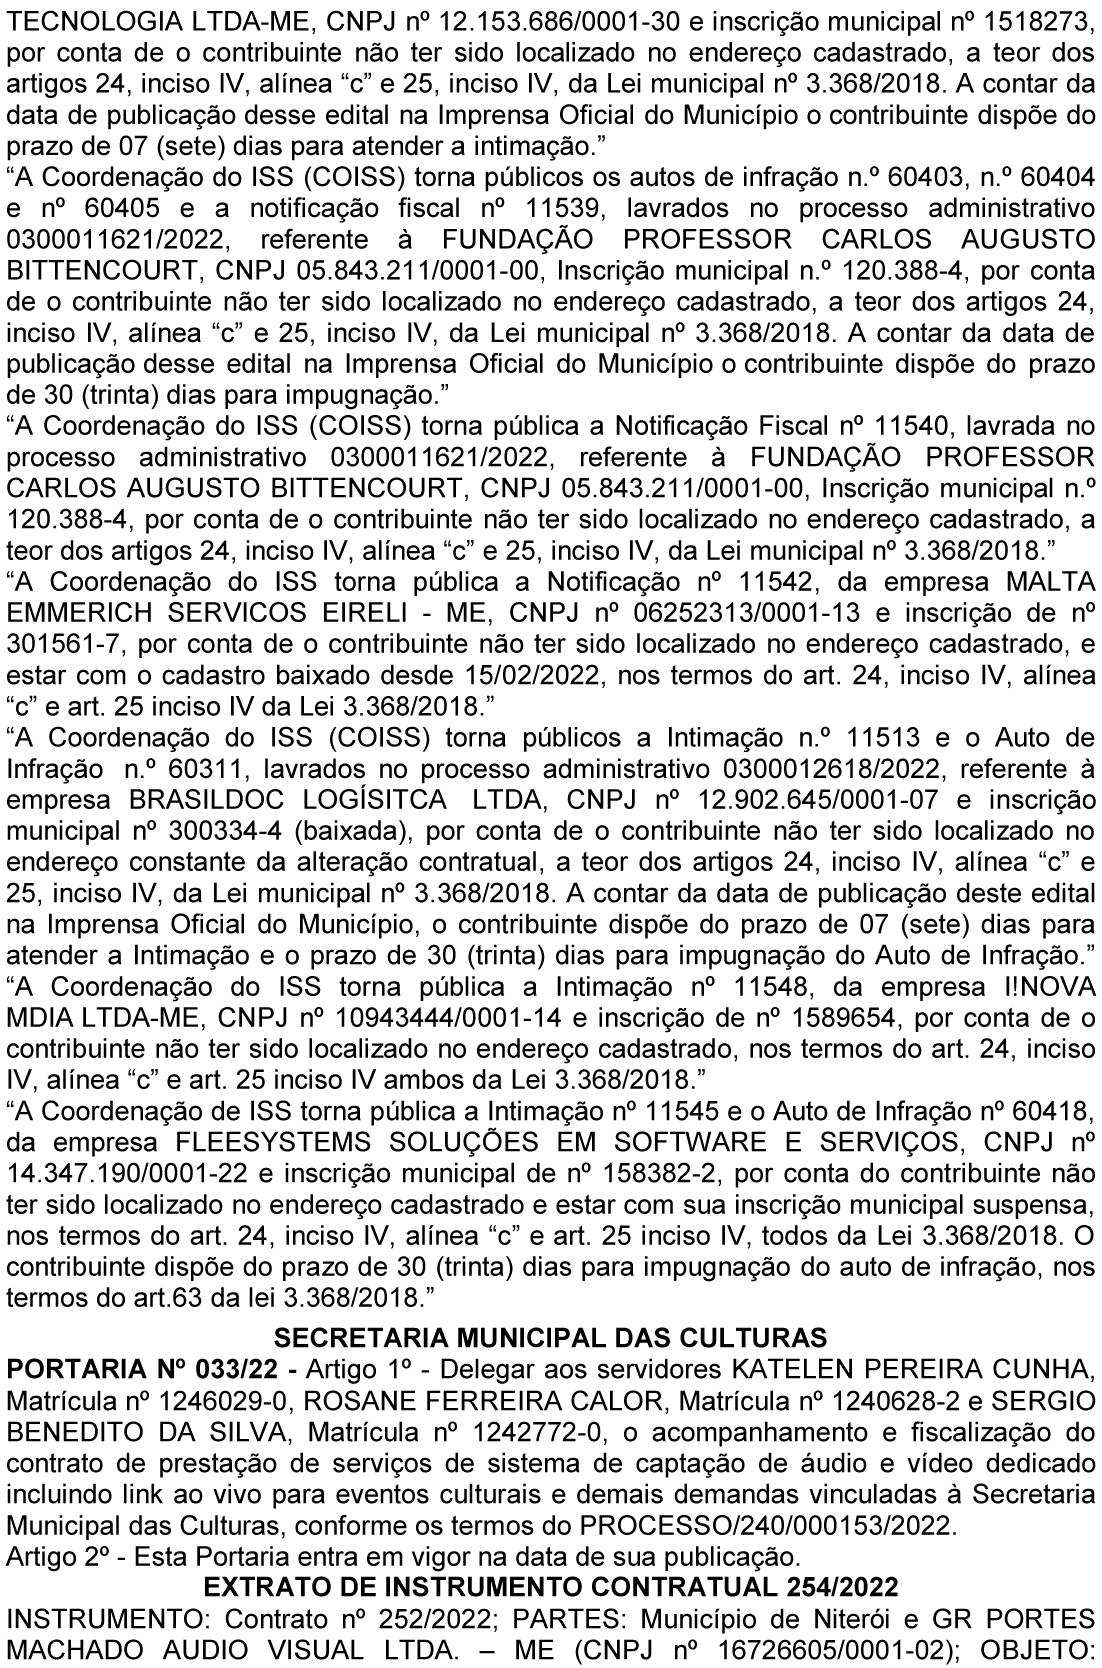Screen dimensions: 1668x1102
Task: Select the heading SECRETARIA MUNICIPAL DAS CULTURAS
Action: tap(550, 1337)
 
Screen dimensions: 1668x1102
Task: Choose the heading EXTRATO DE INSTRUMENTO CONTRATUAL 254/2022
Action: tap(550, 1586)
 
